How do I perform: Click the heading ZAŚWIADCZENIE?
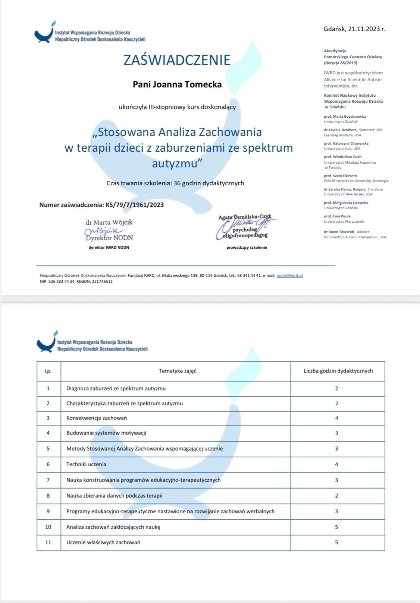pyautogui.click(x=177, y=60)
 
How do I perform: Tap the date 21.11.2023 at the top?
pyautogui.click(x=364, y=29)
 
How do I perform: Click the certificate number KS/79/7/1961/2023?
pyautogui.click(x=135, y=205)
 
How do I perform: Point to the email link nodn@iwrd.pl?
pyautogui.click(x=289, y=275)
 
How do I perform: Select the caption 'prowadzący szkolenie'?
pyautogui.click(x=247, y=247)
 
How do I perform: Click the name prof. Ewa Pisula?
pyautogui.click(x=337, y=216)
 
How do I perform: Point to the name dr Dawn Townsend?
pyautogui.click(x=339, y=232)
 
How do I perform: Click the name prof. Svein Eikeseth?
pyautogui.click(x=340, y=176)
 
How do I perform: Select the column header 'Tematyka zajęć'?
pyautogui.click(x=178, y=371)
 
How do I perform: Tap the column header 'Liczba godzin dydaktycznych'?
pyautogui.click(x=338, y=371)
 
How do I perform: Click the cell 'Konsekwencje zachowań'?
pyautogui.click(x=97, y=418)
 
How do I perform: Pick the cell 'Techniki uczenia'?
pyautogui.click(x=86, y=464)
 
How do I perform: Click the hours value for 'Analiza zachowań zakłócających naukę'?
pyautogui.click(x=336, y=527)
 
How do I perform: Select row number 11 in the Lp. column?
pyautogui.click(x=48, y=542)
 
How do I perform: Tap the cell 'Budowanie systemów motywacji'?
pyautogui.click(x=106, y=433)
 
